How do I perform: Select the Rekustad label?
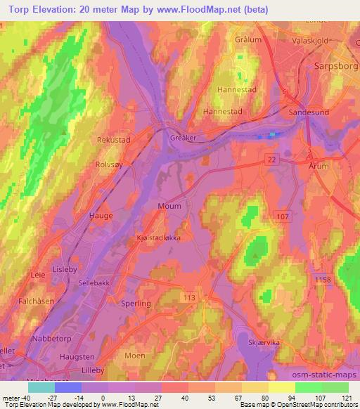tap(113, 141)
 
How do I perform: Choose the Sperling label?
tap(136, 303)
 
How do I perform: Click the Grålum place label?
tap(250, 39)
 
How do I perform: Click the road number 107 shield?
tap(283, 216)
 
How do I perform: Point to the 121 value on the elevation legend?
tap(345, 397)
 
